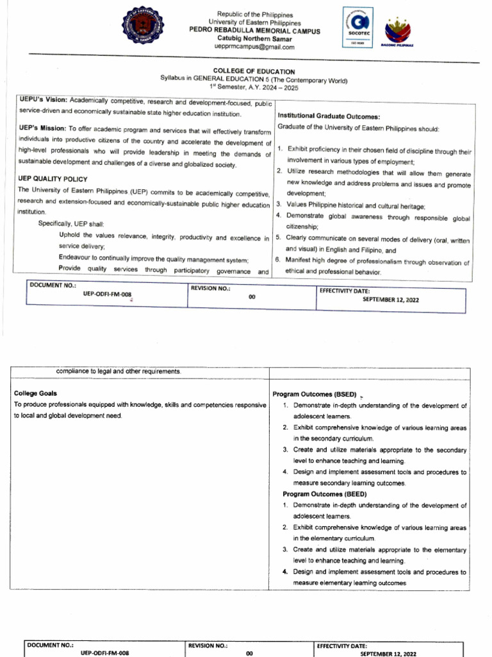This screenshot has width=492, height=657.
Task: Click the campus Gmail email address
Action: click(x=255, y=47)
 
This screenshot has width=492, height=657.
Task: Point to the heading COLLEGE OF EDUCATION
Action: click(x=254, y=71)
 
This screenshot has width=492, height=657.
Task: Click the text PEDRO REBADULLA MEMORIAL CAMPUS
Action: click(x=254, y=31)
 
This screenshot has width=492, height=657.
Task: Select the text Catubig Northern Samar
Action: click(x=255, y=39)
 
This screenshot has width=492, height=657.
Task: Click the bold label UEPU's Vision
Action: click(x=43, y=101)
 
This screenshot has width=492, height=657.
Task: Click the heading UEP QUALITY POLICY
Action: click(x=53, y=178)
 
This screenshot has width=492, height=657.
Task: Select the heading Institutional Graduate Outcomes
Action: click(x=329, y=116)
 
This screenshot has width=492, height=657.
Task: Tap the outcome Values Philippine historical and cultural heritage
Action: click(x=351, y=205)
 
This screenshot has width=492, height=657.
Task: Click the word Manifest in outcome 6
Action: click(x=300, y=262)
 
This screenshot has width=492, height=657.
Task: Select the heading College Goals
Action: click(x=35, y=393)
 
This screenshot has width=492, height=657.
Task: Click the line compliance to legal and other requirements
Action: click(x=119, y=371)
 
